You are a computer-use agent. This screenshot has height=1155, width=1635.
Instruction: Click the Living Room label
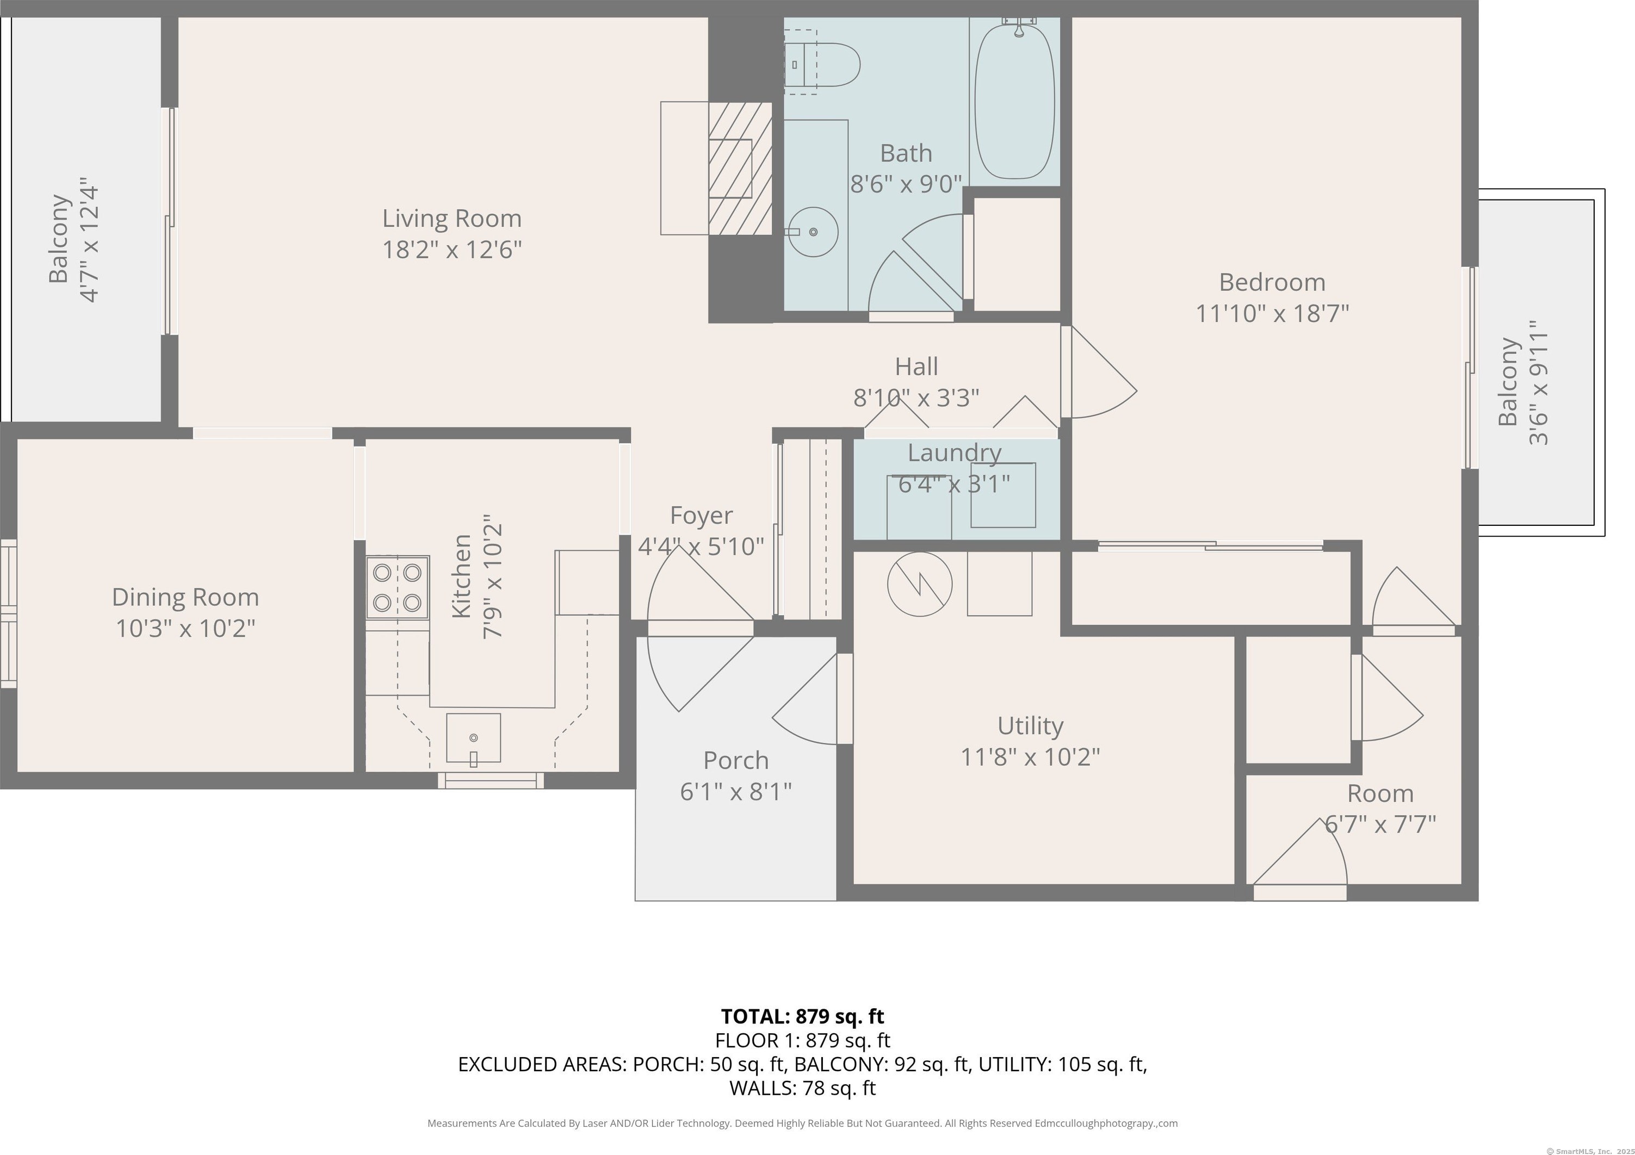[451, 218]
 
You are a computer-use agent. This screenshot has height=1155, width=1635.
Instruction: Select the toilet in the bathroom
[822, 64]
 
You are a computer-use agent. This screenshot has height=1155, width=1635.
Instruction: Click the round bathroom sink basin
[813, 232]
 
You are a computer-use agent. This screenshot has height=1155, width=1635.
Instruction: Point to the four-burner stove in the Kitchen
[398, 587]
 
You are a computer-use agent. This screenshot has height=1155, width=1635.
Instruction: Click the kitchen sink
[474, 738]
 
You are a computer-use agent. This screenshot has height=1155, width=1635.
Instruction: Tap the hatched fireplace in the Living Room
[741, 168]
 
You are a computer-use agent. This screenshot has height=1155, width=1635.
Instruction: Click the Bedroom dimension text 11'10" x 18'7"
[1272, 313]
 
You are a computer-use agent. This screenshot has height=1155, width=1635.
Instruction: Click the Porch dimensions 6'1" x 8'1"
[735, 791]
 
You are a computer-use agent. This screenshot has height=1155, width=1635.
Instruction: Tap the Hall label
[916, 366]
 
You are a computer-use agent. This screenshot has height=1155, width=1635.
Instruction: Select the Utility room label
[1030, 725]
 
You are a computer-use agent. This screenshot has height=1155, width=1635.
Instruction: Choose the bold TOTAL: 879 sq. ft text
[803, 1016]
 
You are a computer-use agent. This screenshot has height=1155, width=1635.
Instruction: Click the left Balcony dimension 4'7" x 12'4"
[89, 240]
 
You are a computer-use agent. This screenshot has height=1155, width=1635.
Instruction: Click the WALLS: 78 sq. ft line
[803, 1088]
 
